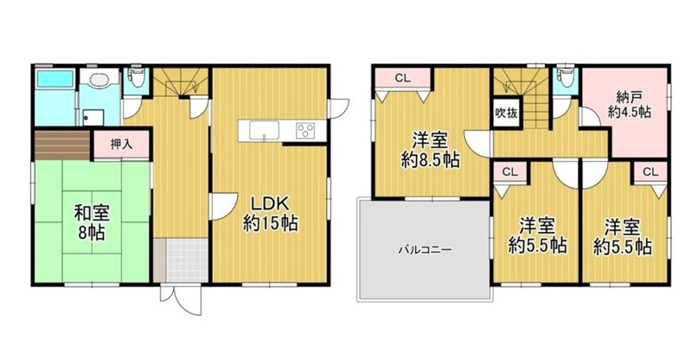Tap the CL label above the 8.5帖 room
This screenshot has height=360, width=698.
click(x=401, y=79)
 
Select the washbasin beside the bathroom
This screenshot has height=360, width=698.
click(x=99, y=82)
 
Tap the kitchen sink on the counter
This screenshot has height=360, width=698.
click(x=264, y=131)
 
